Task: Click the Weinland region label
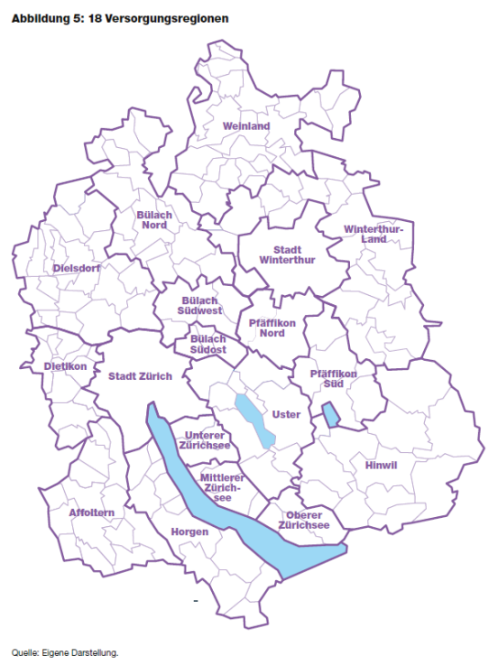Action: point(245,126)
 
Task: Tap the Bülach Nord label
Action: point(156,220)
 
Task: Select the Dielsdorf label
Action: point(77,268)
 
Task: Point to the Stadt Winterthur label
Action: point(287,254)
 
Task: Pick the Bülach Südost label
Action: point(207,344)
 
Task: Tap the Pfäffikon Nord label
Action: point(266,328)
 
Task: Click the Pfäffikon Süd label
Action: point(333,378)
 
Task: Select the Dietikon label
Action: point(65,367)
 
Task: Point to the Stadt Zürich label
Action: point(139,375)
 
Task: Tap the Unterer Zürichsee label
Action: point(207,440)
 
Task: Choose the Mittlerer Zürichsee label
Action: point(223,487)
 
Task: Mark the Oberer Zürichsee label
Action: point(303,519)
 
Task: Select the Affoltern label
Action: point(92,513)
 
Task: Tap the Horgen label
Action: point(189,531)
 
